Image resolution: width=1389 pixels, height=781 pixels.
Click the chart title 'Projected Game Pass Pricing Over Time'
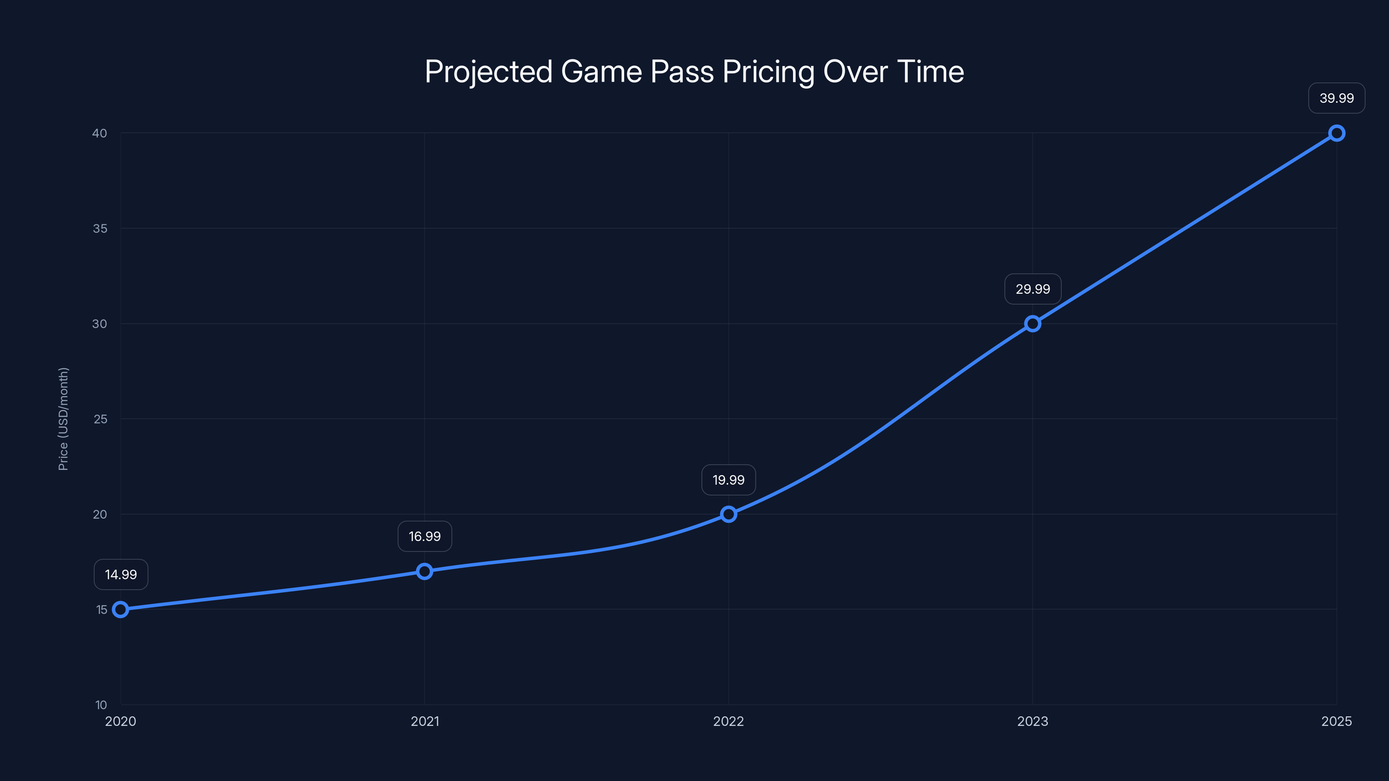tap(694, 72)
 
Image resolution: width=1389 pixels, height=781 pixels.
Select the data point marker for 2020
tap(120, 610)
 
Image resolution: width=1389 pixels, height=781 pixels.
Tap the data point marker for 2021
tap(425, 571)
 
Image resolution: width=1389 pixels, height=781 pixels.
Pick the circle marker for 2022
tap(728, 514)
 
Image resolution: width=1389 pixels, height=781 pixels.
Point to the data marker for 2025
tap(1337, 133)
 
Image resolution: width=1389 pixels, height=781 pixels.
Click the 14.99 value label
tap(121, 574)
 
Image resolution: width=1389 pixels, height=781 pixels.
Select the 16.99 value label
tap(425, 536)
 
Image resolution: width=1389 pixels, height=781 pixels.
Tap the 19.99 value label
tap(728, 480)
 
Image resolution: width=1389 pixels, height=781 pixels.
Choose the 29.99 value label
tap(1033, 289)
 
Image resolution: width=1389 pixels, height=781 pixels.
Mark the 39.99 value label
tap(1337, 98)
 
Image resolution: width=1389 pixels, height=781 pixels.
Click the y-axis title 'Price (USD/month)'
tap(63, 419)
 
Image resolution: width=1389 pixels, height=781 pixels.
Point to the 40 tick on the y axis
tap(100, 133)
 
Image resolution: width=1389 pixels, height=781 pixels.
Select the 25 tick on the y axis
tap(100, 419)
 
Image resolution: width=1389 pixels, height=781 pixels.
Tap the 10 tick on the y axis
tap(101, 705)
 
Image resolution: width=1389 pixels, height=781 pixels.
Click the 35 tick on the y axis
tap(100, 229)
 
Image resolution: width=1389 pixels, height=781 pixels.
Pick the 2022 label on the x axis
tap(728, 721)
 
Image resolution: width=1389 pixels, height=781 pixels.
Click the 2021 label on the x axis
tap(425, 721)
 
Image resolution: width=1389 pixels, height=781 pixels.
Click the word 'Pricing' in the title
tap(768, 72)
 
